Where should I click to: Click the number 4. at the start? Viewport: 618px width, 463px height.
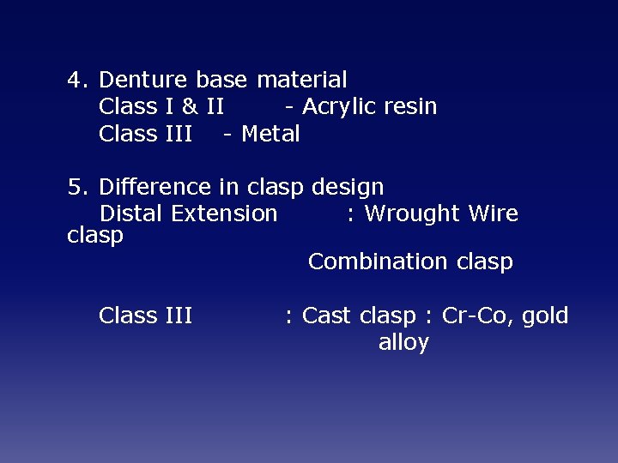tap(78, 81)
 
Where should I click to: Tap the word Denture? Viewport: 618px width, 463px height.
tap(143, 81)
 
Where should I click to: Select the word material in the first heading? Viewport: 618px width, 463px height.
tap(301, 81)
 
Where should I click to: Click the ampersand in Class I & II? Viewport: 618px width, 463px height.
tap(189, 107)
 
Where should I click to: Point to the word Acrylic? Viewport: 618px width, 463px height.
tap(339, 107)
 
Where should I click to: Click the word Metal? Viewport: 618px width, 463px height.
tap(270, 135)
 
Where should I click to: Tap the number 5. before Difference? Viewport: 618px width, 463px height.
tap(78, 188)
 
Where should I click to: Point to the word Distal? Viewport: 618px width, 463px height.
tap(132, 214)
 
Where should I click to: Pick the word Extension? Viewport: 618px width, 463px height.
tap(224, 214)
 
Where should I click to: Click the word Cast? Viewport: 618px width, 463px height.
tap(327, 316)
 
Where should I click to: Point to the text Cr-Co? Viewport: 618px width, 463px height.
tap(470, 316)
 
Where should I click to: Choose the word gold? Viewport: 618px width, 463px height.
tap(545, 316)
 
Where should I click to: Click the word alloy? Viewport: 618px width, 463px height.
tap(403, 343)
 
